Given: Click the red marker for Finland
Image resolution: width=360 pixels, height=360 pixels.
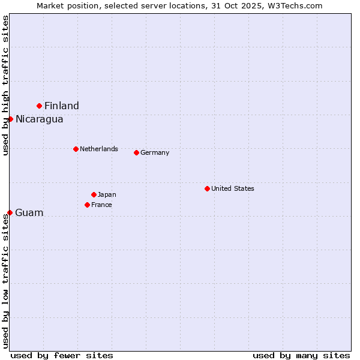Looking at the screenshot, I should coord(40,106).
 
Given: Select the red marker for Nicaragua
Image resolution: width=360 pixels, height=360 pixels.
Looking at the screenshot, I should coord(10,119).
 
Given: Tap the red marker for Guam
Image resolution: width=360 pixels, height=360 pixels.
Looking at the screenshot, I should coord(10,212).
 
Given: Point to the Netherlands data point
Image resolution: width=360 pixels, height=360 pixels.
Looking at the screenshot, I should coord(76,149).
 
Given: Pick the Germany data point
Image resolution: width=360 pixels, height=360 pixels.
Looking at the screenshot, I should coord(136,152).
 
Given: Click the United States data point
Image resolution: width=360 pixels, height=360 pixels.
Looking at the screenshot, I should coord(207,188).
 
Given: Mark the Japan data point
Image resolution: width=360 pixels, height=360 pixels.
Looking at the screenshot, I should coord(94,194).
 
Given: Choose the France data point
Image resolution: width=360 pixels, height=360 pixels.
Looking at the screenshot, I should coord(87,205).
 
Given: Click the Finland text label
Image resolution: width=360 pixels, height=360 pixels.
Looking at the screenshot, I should coord(62,106).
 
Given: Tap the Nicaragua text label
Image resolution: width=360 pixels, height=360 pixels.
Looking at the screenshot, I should coord(40,119).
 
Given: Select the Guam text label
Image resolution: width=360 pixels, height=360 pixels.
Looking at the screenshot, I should coord(29,213).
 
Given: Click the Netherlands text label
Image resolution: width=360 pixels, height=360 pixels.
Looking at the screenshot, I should coord(99,149).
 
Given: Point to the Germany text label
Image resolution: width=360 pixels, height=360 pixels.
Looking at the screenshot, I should coord(155,152).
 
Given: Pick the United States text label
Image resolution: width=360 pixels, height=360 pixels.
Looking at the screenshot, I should coord(233,188).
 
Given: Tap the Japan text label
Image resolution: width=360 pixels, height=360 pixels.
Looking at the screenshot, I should coord(107,194).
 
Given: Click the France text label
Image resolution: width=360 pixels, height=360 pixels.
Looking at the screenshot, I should coord(101,205).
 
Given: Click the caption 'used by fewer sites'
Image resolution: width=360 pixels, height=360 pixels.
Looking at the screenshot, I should coord(62,355).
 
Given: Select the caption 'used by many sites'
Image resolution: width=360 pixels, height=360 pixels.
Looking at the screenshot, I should coord(301,355).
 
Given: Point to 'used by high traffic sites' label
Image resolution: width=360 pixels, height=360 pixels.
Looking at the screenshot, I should coord(5,85).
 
